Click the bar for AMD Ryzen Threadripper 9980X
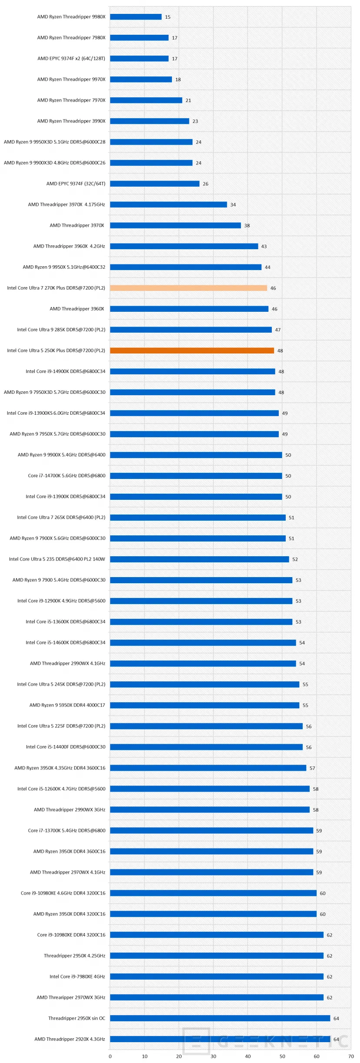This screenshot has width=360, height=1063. [135, 17]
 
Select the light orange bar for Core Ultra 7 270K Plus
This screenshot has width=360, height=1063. [188, 288]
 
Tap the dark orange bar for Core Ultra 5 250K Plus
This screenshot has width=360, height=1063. [192, 350]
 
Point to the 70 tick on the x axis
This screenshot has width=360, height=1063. [350, 1056]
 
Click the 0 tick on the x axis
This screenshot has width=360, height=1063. [110, 1056]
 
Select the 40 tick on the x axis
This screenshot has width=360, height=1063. [248, 1056]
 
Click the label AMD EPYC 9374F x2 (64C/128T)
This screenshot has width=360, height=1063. [71, 59]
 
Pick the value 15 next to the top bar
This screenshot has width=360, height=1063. [168, 17]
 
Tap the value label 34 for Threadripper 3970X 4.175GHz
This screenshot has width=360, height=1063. [233, 205]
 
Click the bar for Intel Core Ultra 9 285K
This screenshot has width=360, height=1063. [191, 330]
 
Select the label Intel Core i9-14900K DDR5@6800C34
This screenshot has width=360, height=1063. [66, 371]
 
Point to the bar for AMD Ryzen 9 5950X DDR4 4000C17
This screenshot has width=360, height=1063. [205, 705]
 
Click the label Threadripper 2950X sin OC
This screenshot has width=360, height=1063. [77, 1018]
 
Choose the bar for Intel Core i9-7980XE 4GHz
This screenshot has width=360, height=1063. [217, 977]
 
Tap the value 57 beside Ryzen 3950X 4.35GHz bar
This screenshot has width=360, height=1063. [312, 768]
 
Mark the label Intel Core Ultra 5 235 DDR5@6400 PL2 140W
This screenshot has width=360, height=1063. [57, 559]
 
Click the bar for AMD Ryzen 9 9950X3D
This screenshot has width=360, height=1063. [151, 142]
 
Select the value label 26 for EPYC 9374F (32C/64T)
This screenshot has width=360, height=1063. [205, 184]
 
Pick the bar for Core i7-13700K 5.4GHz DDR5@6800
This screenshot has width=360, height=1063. [211, 830]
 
